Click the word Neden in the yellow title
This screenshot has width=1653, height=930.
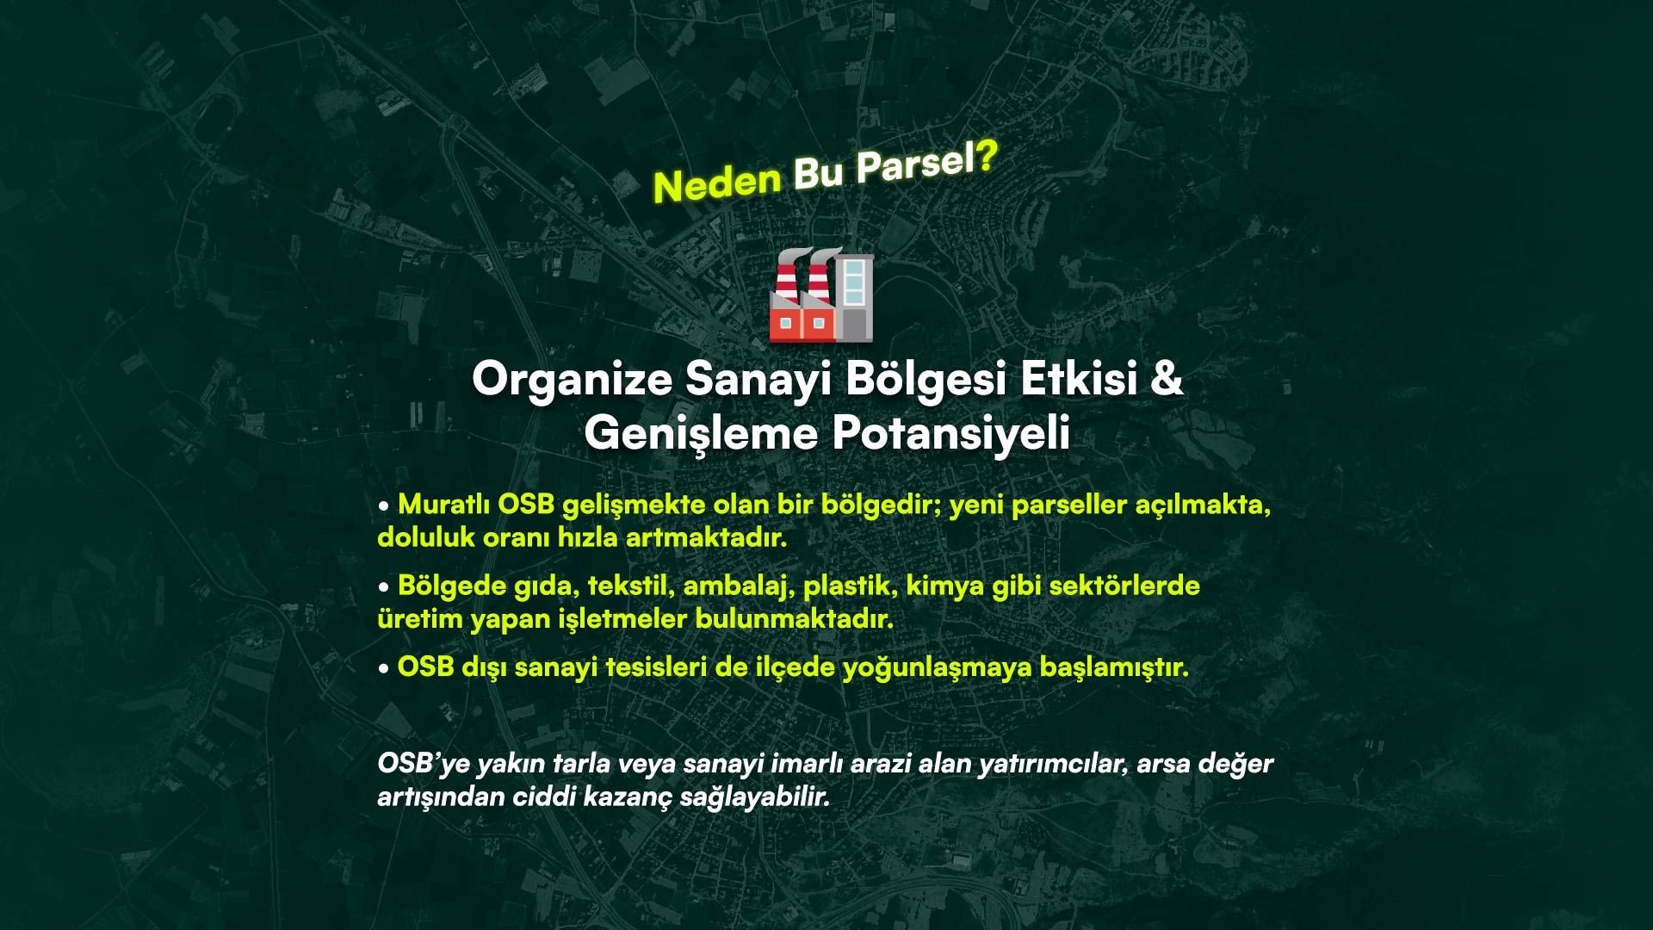pos(716,183)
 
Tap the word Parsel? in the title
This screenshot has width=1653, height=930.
pos(926,162)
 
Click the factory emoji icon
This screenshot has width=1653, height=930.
pos(821,294)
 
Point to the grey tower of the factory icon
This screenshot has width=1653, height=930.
pos(854,296)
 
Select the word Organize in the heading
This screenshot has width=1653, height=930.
pos(572,379)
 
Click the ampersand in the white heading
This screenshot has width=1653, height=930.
pos(1167,378)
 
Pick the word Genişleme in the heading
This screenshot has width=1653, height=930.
pos(701,433)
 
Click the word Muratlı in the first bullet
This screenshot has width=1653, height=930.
pos(444,505)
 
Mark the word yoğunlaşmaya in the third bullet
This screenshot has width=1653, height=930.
pos(937,668)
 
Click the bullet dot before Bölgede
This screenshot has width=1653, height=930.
pos(384,588)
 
